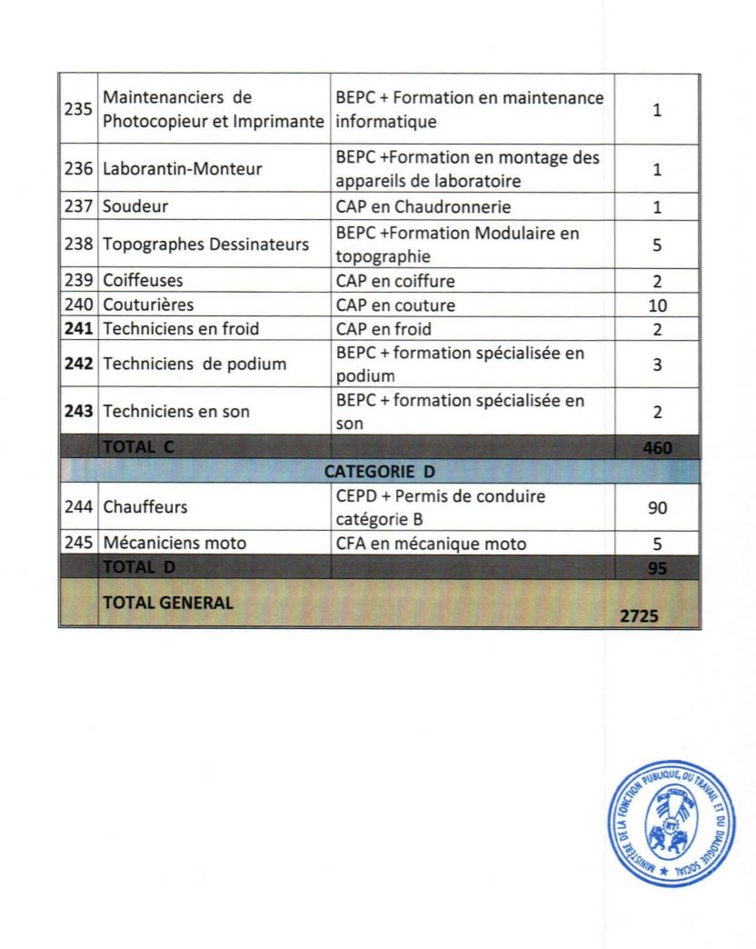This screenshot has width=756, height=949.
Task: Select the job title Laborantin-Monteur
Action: click(x=167, y=170)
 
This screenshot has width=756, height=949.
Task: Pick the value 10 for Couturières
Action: click(x=656, y=305)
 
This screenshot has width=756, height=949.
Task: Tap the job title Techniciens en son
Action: click(x=177, y=412)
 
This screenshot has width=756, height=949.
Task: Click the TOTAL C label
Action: click(x=140, y=446)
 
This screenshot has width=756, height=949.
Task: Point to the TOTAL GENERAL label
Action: click(x=168, y=601)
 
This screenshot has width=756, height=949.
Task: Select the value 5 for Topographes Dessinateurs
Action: click(x=657, y=245)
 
